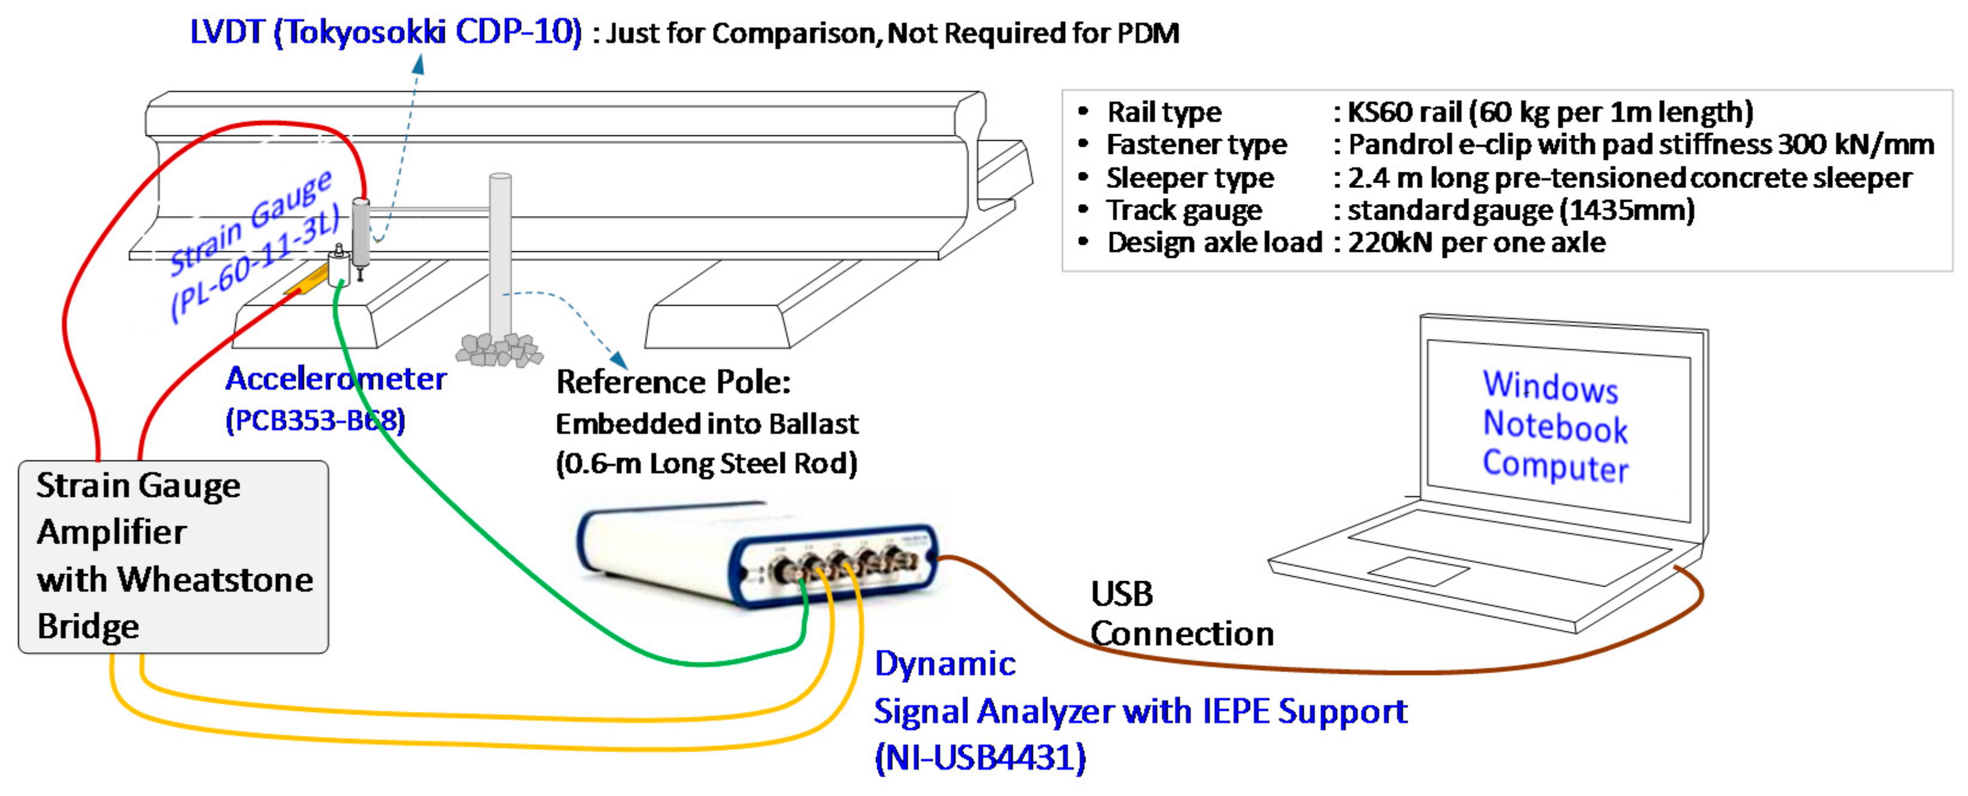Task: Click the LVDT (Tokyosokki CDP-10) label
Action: click(x=386, y=33)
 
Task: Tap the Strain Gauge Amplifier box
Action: click(x=174, y=556)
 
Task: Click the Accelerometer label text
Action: click(x=336, y=379)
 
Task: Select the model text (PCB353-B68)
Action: click(x=315, y=420)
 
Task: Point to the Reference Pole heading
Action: click(x=673, y=382)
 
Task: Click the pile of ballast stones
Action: click(x=498, y=349)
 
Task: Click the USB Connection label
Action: click(x=1181, y=613)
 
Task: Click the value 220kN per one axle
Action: click(x=1476, y=242)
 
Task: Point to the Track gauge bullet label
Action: click(x=1184, y=210)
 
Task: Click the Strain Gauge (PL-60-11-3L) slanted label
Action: click(x=252, y=245)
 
